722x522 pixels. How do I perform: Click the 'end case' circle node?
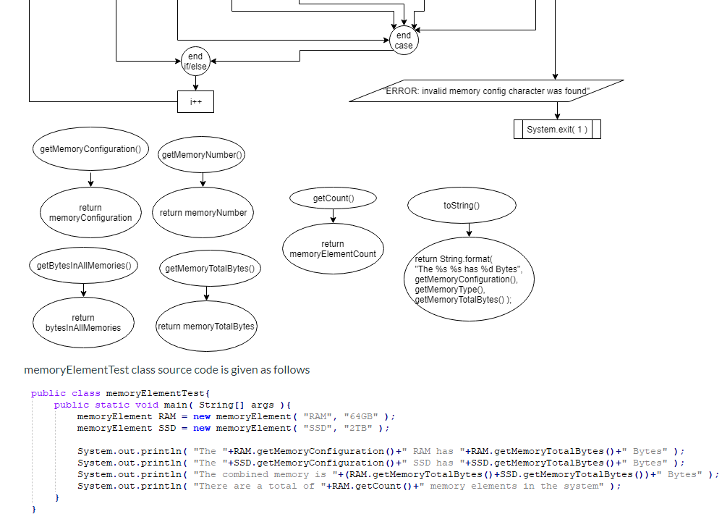tap(404, 41)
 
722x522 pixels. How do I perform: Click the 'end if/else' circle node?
tap(195, 62)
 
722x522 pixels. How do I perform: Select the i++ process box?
tap(195, 102)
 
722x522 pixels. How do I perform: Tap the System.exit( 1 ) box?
tap(557, 130)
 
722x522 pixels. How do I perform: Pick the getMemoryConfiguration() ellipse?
tap(90, 149)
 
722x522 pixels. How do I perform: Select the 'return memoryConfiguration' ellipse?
tap(90, 213)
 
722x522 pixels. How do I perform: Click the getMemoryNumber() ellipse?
tap(203, 154)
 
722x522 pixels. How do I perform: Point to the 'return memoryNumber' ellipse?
tap(203, 213)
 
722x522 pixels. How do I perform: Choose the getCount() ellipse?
tap(333, 198)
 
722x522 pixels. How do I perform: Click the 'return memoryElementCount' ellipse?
tap(333, 249)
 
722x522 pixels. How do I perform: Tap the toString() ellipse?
tap(462, 206)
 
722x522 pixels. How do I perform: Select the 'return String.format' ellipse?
tap(470, 279)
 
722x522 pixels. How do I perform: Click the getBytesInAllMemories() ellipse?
tap(83, 266)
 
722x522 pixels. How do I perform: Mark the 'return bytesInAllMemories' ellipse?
tap(83, 322)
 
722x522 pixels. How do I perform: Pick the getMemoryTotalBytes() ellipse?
tap(210, 269)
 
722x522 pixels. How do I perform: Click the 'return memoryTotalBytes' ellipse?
tap(206, 327)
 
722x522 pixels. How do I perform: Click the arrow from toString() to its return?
tap(469, 230)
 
